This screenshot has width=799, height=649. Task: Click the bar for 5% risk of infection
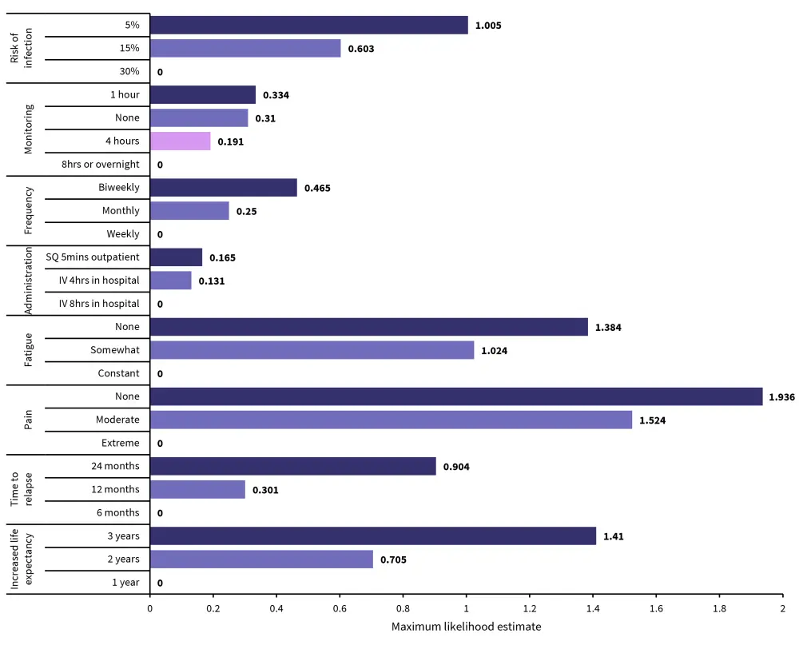tap(308, 25)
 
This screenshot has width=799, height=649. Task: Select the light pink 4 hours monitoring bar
tap(180, 141)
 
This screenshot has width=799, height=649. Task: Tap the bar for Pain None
tap(455, 396)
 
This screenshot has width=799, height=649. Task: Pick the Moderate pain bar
tap(391, 420)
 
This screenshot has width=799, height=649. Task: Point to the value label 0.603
tap(361, 49)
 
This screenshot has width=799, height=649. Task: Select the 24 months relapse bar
tap(292, 466)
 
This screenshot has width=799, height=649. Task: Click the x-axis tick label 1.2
tap(529, 607)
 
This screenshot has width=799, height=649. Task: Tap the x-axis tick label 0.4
tap(276, 607)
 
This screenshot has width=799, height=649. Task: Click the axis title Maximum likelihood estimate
tap(466, 627)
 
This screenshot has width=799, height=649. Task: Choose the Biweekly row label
tap(119, 188)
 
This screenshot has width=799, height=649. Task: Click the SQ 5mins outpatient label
tap(93, 257)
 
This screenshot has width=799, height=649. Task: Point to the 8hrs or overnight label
tap(101, 165)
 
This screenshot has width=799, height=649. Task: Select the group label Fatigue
tap(28, 350)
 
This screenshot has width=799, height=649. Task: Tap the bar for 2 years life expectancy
tap(260, 559)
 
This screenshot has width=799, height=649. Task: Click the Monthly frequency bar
tap(189, 211)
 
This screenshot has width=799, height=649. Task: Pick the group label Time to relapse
tap(22, 489)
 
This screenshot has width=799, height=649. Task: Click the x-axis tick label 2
tap(782, 607)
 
